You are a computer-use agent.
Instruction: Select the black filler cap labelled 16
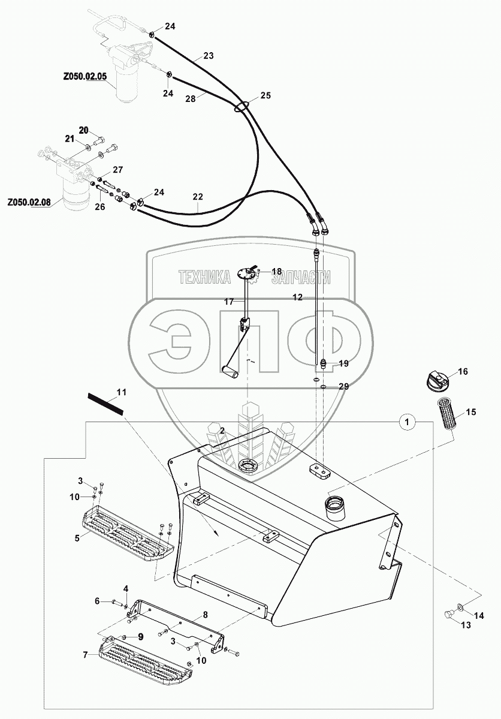click(x=436, y=380)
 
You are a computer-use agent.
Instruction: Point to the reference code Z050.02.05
click(x=84, y=77)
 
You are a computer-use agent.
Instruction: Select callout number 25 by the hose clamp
click(x=265, y=96)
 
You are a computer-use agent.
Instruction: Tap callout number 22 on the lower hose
click(x=198, y=197)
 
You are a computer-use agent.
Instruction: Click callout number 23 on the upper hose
click(x=208, y=56)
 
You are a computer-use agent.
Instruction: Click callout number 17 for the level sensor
click(x=229, y=302)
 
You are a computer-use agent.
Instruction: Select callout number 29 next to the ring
click(x=343, y=387)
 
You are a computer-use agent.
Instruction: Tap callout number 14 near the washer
click(x=478, y=615)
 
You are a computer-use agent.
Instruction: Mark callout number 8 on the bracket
click(x=204, y=614)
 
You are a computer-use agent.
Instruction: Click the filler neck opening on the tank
click(x=336, y=507)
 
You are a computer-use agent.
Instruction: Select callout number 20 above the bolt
click(x=83, y=130)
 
